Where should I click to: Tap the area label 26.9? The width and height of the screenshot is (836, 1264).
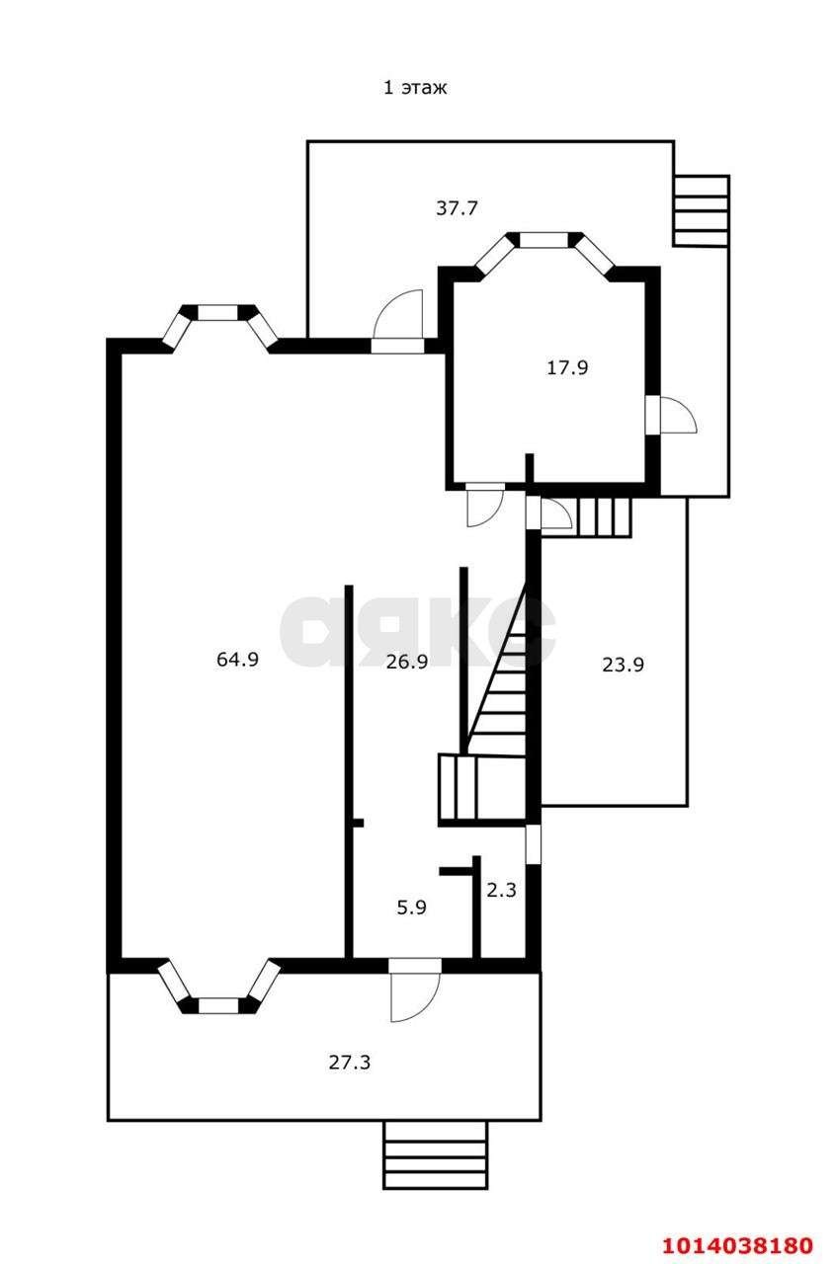coord(407,662)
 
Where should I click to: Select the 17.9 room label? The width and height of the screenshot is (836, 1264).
coord(567,368)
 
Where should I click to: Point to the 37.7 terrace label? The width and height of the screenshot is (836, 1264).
coord(457,208)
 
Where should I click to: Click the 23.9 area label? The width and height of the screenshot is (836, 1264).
coord(623,665)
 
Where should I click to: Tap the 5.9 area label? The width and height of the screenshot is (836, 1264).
coord(412,908)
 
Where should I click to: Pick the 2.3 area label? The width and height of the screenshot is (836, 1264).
coord(502,890)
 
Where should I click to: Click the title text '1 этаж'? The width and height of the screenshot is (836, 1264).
coord(415,88)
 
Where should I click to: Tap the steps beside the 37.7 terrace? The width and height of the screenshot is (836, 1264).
coord(701,211)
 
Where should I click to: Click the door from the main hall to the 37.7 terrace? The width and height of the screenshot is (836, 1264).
coord(398,322)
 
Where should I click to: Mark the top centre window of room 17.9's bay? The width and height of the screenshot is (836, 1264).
coord(543,240)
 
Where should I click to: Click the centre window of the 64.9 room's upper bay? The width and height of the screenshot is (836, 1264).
coord(217,313)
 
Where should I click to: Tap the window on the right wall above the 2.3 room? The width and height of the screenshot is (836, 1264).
coord(533,844)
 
